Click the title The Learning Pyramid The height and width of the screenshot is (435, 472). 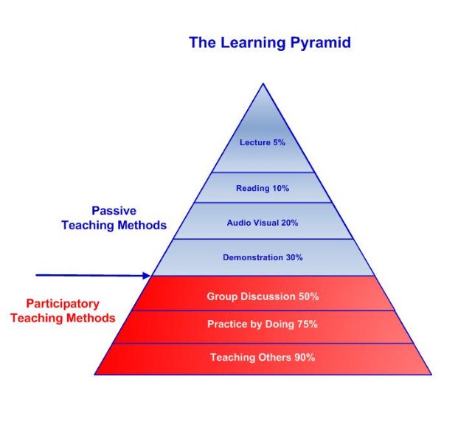[269, 43]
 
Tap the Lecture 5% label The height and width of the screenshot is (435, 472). [263, 142]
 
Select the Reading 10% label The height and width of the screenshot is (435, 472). [263, 188]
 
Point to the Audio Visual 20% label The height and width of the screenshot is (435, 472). [263, 223]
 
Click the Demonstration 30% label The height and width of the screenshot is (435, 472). [263, 257]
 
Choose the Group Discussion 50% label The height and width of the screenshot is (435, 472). [263, 296]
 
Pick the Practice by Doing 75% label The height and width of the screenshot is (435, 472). [263, 324]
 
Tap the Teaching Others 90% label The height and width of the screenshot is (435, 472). [263, 358]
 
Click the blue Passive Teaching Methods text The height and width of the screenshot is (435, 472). [114, 218]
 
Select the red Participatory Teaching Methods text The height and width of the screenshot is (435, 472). [71, 311]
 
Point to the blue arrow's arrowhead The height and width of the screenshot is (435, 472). [147, 276]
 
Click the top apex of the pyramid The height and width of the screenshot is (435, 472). [263, 84]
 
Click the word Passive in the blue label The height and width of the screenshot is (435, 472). [114, 210]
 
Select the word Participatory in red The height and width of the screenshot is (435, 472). [63, 304]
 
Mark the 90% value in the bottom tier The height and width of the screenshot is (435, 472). [305, 358]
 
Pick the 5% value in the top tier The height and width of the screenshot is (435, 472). [279, 142]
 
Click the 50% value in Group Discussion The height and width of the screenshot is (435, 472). [308, 296]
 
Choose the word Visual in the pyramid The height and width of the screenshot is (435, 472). [268, 223]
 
